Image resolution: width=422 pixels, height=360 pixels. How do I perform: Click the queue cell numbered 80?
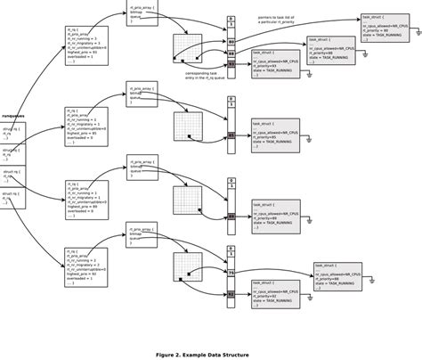(231, 41)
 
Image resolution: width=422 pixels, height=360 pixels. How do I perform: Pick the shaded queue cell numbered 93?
(231, 64)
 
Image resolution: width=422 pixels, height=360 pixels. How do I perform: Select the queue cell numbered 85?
(231, 135)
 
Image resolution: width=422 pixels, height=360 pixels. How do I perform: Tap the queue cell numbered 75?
(231, 271)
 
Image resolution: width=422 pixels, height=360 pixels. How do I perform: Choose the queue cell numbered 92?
(231, 292)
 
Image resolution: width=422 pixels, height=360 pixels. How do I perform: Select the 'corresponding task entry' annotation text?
(204, 77)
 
